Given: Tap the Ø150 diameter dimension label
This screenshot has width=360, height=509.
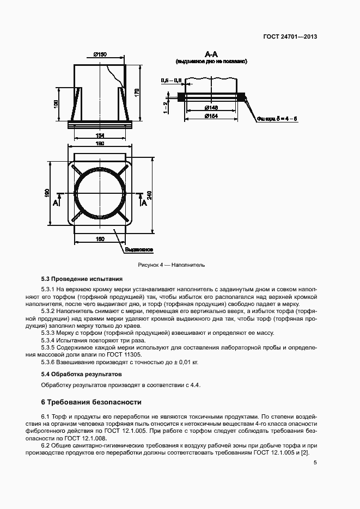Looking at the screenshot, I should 100,54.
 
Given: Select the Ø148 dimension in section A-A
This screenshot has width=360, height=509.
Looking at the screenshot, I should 212,108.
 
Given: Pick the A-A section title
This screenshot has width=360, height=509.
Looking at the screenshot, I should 211,54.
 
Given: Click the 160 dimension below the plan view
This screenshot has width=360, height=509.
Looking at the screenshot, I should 100,239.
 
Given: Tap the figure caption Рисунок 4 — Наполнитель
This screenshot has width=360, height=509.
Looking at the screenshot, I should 172,265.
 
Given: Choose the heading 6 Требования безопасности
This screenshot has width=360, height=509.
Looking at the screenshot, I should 91,403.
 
